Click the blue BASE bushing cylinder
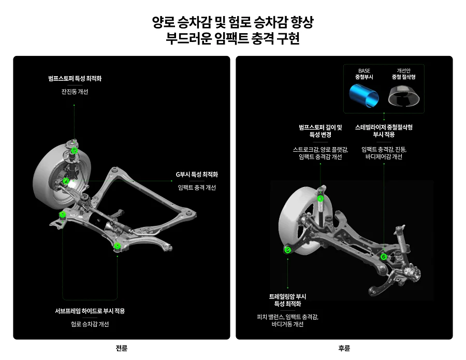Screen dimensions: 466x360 click(365, 96)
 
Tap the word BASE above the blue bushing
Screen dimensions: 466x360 click(364, 70)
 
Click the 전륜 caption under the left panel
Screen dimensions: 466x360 click(122, 348)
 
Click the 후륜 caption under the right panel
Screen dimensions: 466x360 click(344, 348)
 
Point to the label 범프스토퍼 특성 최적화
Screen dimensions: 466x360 click(75, 79)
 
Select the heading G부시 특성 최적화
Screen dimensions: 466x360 click(197, 175)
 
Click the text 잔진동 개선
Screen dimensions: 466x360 click(75, 92)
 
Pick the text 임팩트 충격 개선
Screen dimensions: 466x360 click(197, 188)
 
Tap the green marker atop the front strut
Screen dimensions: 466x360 click(75, 151)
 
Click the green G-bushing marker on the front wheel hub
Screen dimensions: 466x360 click(66, 181)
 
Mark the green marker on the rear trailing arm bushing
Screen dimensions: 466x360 click(288, 250)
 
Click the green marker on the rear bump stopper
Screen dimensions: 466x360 click(321, 198)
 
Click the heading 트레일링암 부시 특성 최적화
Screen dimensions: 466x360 click(287, 300)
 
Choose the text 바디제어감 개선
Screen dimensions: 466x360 click(384, 156)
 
